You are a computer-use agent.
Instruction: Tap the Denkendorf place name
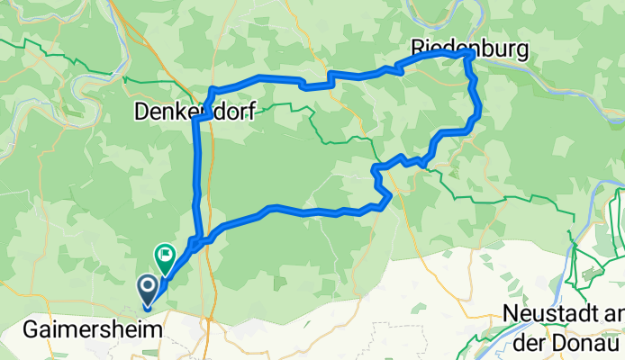pos(195,112)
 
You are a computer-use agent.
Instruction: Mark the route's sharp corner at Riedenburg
pos(471,54)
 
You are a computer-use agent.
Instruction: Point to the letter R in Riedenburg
pos(419,46)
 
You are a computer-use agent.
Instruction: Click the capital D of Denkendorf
pos(141,112)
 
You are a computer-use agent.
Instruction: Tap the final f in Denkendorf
pos(250,112)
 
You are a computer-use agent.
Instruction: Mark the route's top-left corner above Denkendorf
pos(212,88)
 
